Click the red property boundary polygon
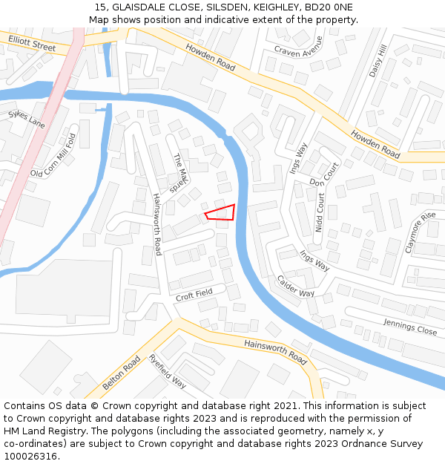point(222,212)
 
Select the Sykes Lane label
point(27,119)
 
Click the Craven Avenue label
point(299,46)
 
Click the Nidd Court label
point(320,213)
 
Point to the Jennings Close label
point(410,326)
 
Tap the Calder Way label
point(296,287)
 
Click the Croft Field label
point(194,294)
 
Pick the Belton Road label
point(122,373)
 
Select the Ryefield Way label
point(167,371)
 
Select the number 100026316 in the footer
point(31,456)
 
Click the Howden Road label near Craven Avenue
point(210,56)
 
